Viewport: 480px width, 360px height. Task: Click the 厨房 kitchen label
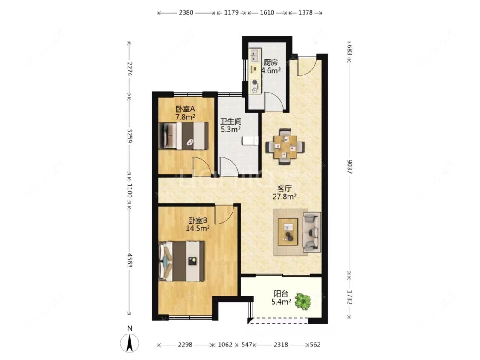pyautogui.click(x=271, y=62)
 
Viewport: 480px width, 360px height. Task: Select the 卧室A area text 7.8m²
pyautogui.click(x=185, y=116)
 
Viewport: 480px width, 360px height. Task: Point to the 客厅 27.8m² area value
pyautogui.click(x=285, y=197)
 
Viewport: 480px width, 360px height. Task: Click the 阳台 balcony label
pyautogui.click(x=281, y=294)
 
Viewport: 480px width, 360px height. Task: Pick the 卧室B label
pyautogui.click(x=198, y=220)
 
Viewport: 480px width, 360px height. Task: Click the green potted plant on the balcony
pyautogui.click(x=303, y=301)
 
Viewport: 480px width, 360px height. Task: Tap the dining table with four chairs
pyautogui.click(x=285, y=146)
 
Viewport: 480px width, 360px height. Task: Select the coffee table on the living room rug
pyautogui.click(x=288, y=232)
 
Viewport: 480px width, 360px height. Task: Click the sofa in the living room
pyautogui.click(x=311, y=232)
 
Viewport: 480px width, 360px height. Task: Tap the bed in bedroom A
pyautogui.click(x=183, y=136)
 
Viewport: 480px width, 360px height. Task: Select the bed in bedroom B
pyautogui.click(x=181, y=261)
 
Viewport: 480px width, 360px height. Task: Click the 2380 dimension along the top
pyautogui.click(x=186, y=12)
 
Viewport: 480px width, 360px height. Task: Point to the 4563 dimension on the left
pyautogui.click(x=129, y=260)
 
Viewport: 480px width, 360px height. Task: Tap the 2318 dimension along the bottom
pyautogui.click(x=281, y=345)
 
